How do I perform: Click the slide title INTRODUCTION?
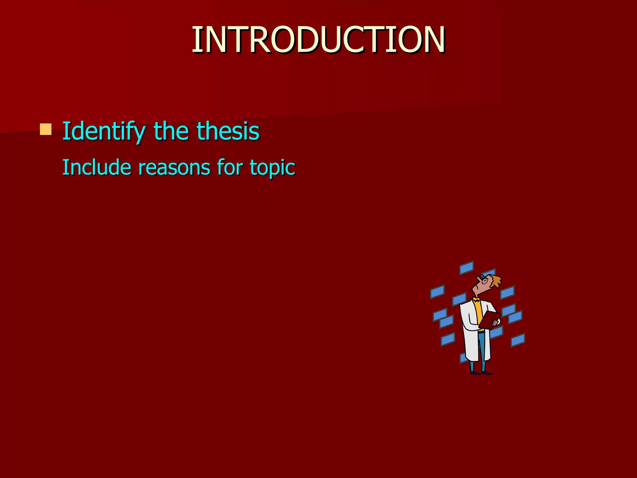coord(318,40)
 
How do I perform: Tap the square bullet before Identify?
coord(46,129)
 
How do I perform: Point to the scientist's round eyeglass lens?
coord(485,281)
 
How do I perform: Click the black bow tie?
coord(477,300)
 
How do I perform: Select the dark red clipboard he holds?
coord(490,320)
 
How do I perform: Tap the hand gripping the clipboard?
coord(495,324)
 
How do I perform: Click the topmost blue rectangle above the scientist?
coord(466,268)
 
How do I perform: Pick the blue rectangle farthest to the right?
coord(518,340)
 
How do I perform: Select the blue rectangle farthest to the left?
coord(437,292)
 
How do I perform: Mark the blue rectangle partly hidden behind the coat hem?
coord(463,358)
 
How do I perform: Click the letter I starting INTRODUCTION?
coord(195,40)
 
